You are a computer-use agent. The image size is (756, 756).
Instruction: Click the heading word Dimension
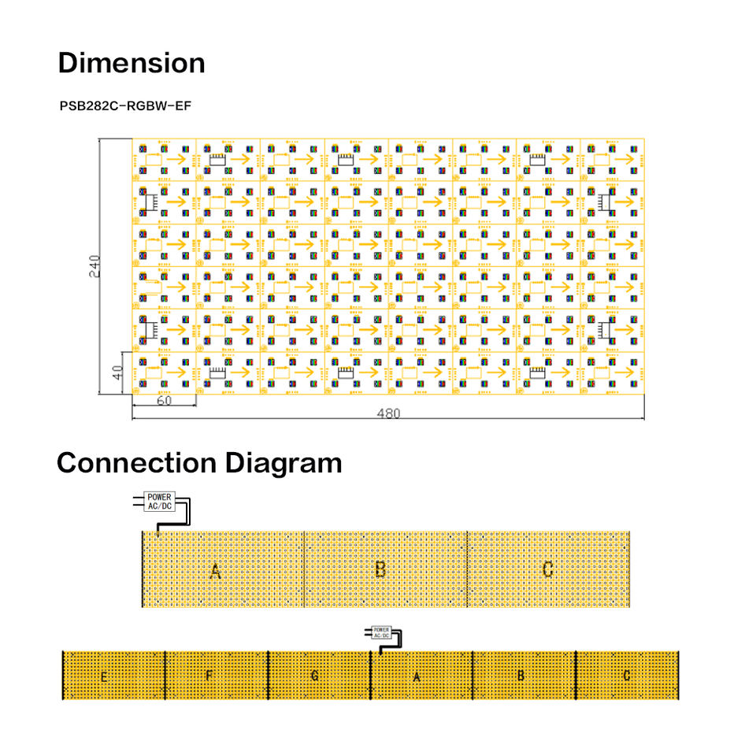click(132, 63)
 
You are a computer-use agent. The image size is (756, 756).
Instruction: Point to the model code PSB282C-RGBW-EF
click(126, 104)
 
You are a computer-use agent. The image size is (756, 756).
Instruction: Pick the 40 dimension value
click(117, 372)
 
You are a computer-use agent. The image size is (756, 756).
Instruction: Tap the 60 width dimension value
click(164, 401)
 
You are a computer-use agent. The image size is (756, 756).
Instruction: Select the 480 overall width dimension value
click(387, 413)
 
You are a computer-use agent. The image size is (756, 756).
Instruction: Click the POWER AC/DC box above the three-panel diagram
click(160, 502)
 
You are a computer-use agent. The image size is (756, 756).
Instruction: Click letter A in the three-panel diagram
click(215, 571)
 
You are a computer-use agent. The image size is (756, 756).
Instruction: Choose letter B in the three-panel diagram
click(380, 569)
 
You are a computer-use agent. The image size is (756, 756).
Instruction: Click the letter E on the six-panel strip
click(104, 676)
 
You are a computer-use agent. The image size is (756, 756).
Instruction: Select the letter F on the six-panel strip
click(209, 676)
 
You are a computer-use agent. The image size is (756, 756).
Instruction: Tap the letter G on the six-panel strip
click(314, 676)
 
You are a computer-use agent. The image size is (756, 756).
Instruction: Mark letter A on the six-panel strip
click(417, 676)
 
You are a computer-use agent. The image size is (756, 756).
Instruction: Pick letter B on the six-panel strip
click(521, 676)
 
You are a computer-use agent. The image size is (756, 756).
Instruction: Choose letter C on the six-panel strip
click(626, 676)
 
